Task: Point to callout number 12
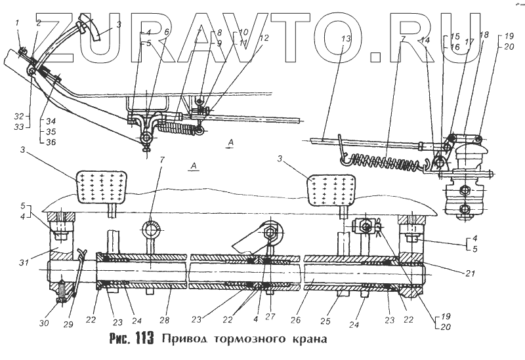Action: [264, 39]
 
